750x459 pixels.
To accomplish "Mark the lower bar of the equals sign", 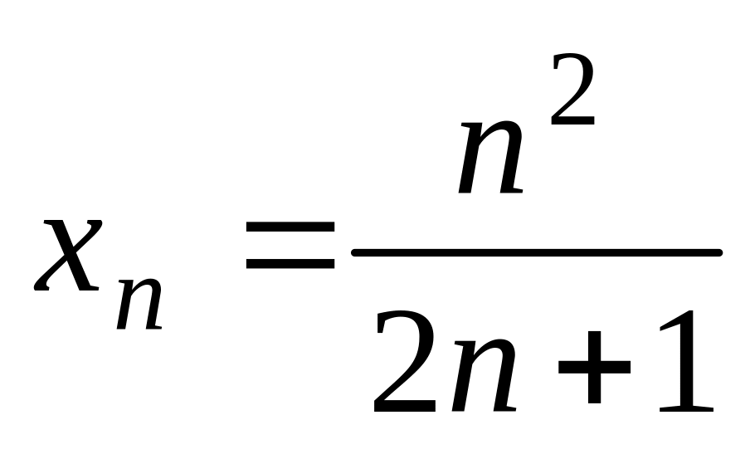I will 290,265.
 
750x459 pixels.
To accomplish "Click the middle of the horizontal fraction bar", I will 537,252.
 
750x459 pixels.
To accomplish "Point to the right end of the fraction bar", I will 718,252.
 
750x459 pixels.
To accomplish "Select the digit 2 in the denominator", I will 404,364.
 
